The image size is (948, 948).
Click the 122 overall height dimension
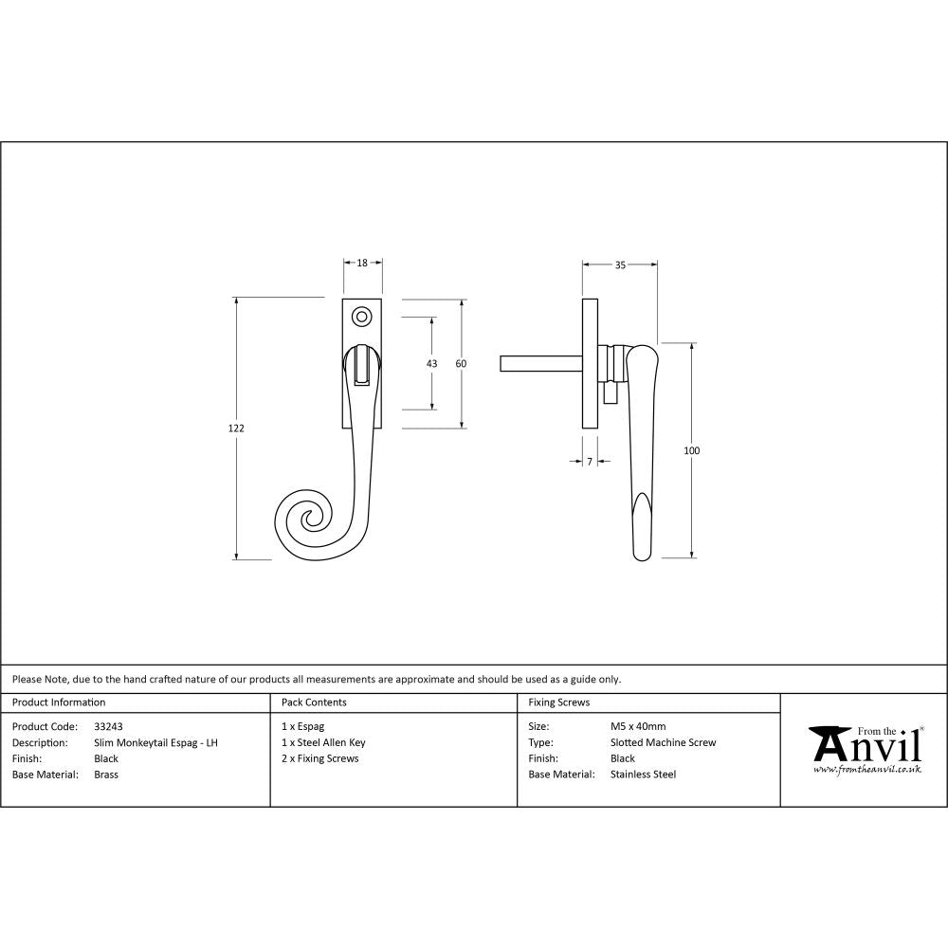[237, 428]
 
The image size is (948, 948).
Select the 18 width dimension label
[362, 265]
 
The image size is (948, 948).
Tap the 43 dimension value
[432, 364]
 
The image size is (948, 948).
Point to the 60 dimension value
[462, 364]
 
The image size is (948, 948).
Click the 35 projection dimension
[620, 265]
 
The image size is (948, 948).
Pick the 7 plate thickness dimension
[590, 462]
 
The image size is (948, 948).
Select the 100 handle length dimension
[691, 450]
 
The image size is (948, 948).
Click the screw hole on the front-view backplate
[360, 317]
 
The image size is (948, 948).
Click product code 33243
[108, 727]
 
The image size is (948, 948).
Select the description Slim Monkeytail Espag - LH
[155, 742]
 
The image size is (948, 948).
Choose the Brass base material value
[106, 775]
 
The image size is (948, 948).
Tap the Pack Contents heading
[314, 702]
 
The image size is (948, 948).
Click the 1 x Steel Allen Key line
[323, 742]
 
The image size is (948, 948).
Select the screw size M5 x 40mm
[638, 727]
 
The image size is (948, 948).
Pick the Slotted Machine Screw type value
[663, 742]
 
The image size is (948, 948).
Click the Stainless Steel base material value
[643, 775]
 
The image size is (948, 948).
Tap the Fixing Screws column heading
[558, 702]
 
